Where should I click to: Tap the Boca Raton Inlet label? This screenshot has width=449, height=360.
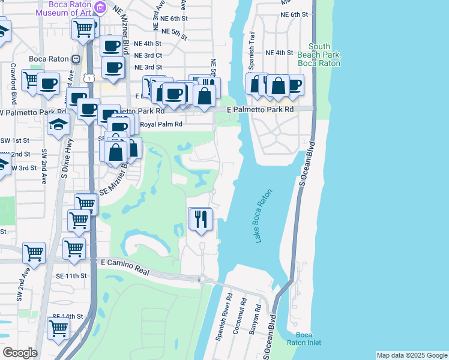point(307,338)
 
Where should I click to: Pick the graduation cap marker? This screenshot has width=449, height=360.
point(59,124)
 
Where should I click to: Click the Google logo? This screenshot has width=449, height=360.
point(20,353)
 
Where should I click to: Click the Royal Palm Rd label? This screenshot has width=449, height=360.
point(160,125)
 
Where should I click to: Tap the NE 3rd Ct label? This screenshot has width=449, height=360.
point(148,55)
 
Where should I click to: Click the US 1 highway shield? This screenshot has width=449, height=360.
point(89,77)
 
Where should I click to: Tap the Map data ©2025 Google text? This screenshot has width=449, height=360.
point(412,355)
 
